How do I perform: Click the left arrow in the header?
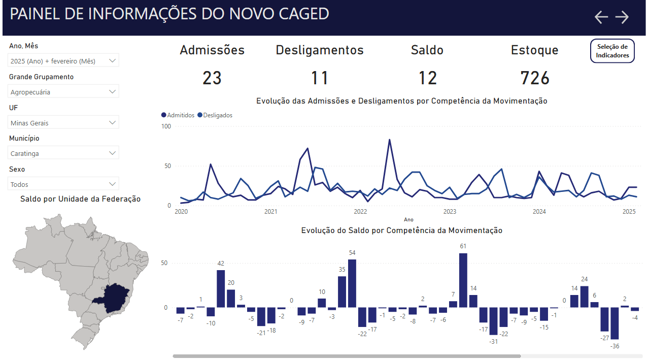pos(601,17)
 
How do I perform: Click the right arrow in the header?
pos(622,17)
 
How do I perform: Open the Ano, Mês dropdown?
pos(64,61)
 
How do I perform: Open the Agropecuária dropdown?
pos(64,92)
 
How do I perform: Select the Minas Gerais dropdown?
pos(64,123)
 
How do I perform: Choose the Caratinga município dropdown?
pos(64,153)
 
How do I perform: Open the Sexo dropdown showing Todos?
pos(64,184)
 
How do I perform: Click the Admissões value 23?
pos(212,78)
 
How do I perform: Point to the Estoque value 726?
pos(535,78)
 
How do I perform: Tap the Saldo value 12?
pos(428,78)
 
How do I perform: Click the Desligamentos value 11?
pos(320,78)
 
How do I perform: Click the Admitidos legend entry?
pos(178,115)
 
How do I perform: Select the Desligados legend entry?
pos(215,115)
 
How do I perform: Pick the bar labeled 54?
pos(352,283)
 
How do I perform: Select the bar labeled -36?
pos(615,323)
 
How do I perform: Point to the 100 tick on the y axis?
pos(166,126)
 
